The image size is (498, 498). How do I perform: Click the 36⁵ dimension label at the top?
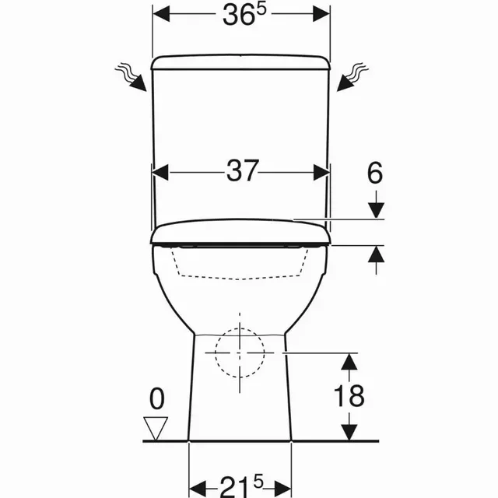click(244, 15)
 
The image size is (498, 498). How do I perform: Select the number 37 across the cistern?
click(242, 170)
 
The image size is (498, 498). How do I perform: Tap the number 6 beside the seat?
click(375, 173)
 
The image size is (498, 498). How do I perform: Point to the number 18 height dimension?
click(349, 396)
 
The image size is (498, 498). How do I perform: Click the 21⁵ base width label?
click(241, 486)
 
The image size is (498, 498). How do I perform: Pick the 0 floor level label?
click(157, 398)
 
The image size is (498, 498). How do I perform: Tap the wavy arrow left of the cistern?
click(131, 77)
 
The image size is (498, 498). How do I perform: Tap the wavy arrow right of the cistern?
click(352, 77)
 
